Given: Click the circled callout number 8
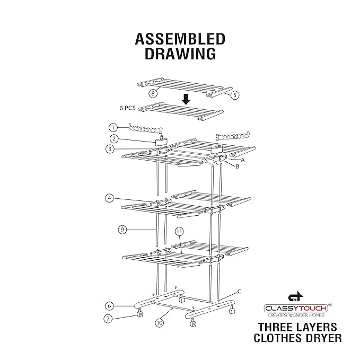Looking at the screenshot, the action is coord(153,93).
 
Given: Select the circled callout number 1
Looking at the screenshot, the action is coord(112,127).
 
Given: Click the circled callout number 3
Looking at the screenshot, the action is coord(109,150).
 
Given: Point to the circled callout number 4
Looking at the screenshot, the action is coord(109,198).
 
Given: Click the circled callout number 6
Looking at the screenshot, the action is coord(109,305).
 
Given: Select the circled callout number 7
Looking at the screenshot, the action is coord(109,319).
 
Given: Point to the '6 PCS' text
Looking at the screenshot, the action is coord(128,108).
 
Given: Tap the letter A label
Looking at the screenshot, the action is coord(243,159).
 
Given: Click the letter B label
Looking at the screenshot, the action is coord(237,166).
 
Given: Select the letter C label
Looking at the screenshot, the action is coord(239,291).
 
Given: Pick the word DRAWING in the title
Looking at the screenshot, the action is coord(180,54).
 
